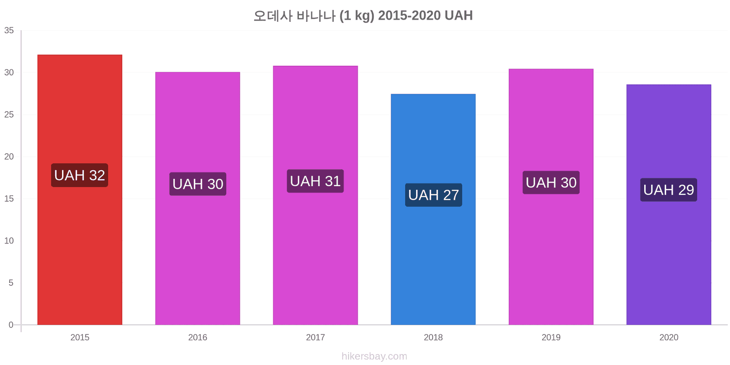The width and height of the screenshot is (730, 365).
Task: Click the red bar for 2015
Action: coord(80,190)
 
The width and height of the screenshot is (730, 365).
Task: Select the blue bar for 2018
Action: coord(433,209)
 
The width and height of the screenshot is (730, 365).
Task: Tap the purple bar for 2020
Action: coord(669,205)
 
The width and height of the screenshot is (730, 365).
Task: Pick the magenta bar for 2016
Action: coord(198,198)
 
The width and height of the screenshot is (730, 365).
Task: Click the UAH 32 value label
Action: coord(79,175)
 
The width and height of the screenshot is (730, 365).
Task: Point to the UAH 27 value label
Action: coord(433,195)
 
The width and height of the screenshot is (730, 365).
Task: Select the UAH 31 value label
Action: coord(315,181)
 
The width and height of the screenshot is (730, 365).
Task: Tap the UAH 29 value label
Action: coord(669,190)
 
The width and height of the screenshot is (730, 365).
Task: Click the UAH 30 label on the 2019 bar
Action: coord(551,182)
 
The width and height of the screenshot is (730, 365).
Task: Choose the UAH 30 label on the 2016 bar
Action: coord(198,184)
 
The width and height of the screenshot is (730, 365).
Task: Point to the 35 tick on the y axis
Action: coord(9,31)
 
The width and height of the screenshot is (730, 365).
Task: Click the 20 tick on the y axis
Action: coord(9,157)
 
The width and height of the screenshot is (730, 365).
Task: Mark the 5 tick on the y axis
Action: coord(11,283)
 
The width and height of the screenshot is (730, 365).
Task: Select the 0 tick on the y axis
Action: coord(11,325)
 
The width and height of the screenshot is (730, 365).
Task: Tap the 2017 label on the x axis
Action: coord(315,337)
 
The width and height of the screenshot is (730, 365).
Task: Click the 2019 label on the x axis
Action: coord(551,337)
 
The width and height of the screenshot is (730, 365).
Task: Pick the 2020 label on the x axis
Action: coord(669,337)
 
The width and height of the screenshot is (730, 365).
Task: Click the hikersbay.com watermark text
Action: coord(375,356)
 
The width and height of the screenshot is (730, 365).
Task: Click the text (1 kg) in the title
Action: coord(357,16)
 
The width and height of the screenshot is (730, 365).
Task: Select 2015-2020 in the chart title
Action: coord(409,16)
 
